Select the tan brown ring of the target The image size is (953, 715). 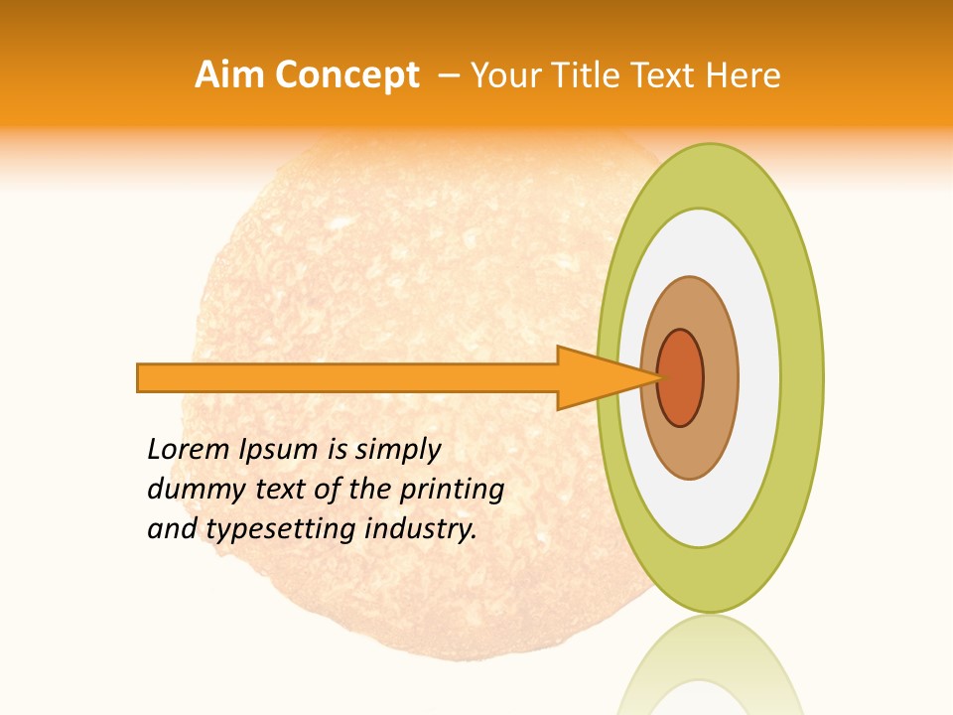(x=719, y=377)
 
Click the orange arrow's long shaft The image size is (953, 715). (x=347, y=377)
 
